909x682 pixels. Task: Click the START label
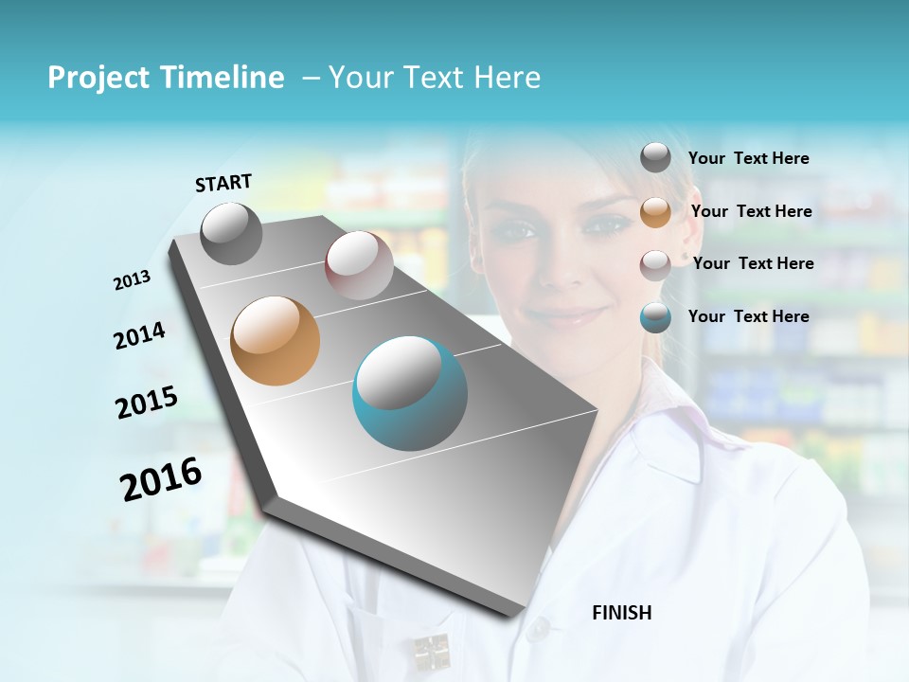pyautogui.click(x=223, y=183)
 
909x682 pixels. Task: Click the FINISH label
pyautogui.click(x=621, y=613)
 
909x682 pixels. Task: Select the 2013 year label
pyautogui.click(x=133, y=280)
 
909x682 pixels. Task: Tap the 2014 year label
pyautogui.click(x=139, y=335)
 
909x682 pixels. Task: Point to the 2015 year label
pyautogui.click(x=147, y=403)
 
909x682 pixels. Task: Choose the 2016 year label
pyautogui.click(x=161, y=479)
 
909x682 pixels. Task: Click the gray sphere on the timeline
pyautogui.click(x=231, y=233)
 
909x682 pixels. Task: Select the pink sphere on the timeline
pyautogui.click(x=359, y=265)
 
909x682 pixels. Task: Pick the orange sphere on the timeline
pyautogui.click(x=276, y=341)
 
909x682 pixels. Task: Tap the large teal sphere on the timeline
pyautogui.click(x=410, y=393)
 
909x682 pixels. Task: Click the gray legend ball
pyautogui.click(x=655, y=157)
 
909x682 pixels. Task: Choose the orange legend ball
pyautogui.click(x=655, y=211)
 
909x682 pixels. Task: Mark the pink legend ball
pyautogui.click(x=655, y=264)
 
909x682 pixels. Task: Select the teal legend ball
pyautogui.click(x=655, y=317)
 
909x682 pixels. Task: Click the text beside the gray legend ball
pyautogui.click(x=748, y=159)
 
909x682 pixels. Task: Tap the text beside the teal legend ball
pyautogui.click(x=748, y=316)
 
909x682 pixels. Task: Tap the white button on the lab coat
pyautogui.click(x=538, y=627)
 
